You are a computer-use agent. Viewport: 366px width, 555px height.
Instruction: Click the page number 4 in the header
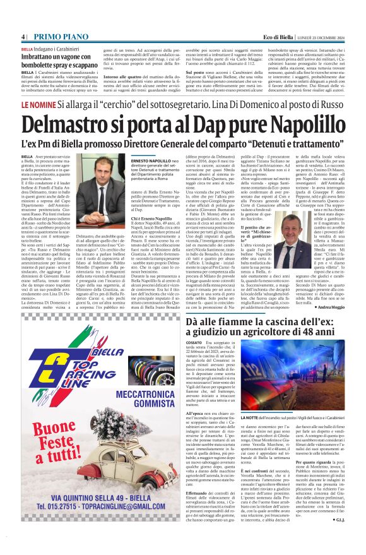click(x=23, y=36)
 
